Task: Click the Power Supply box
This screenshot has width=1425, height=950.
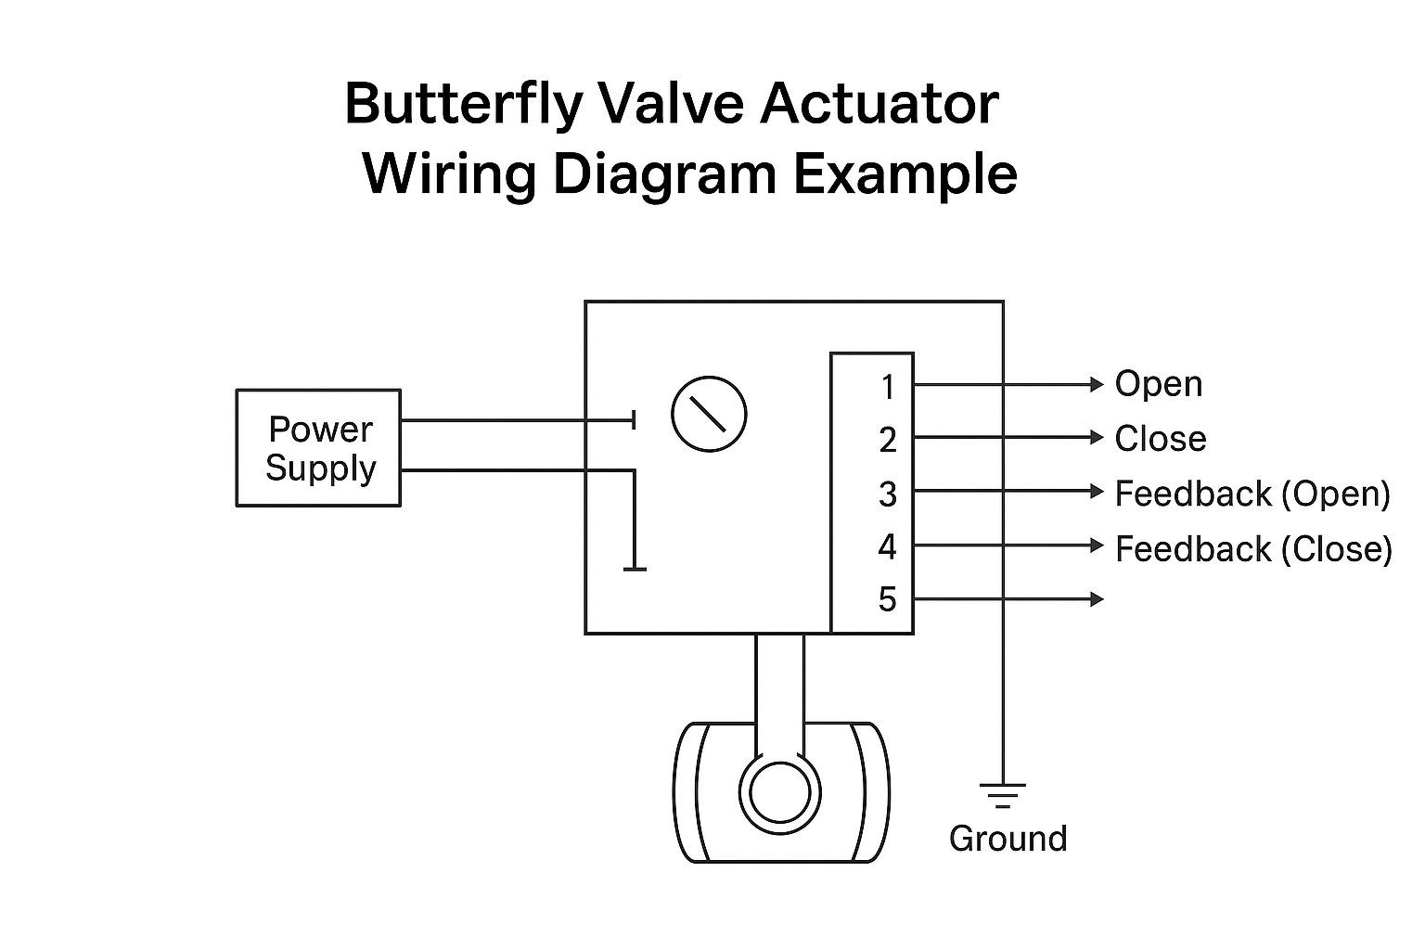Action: click(x=318, y=448)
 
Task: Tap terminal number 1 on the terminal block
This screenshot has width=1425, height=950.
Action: click(x=888, y=387)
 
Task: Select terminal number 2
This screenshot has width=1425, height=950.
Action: click(x=888, y=440)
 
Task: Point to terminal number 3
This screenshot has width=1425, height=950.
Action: click(x=888, y=494)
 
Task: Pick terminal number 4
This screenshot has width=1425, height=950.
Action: click(x=888, y=546)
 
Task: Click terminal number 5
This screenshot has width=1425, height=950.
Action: click(x=888, y=599)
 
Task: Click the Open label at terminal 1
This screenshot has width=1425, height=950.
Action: click(x=1158, y=384)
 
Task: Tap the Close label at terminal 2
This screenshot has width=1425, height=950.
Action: click(x=1160, y=439)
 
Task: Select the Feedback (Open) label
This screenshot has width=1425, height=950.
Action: click(x=1252, y=494)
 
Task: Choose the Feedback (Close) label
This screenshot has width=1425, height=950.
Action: click(x=1252, y=548)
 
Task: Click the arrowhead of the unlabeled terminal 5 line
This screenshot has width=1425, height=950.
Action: click(x=1098, y=599)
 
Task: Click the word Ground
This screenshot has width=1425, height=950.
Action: click(x=1008, y=839)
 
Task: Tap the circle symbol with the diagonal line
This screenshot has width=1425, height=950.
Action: click(x=709, y=414)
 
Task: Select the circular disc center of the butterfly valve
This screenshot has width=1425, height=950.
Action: click(x=779, y=793)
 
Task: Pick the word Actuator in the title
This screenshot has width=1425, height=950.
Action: click(x=879, y=104)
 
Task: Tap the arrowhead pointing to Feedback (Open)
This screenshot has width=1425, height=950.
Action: click(x=1098, y=492)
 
